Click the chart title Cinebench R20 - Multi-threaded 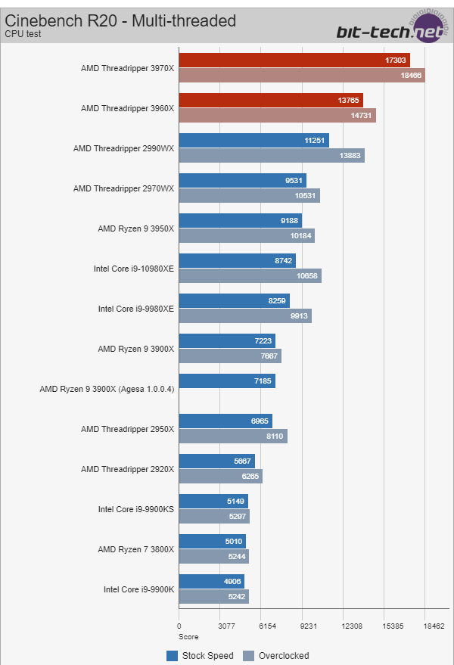coord(120,20)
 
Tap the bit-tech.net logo coord(390,31)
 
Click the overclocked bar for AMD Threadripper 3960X coord(277,115)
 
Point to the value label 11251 coord(313,141)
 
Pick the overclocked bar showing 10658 coord(250,275)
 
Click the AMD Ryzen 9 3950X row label coord(135,228)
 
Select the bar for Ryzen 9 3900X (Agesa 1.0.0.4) coord(227,381)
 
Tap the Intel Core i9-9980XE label coord(135,309)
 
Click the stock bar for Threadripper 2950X coord(225,421)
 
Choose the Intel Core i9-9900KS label coord(135,509)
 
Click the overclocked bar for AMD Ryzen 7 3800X coord(213,556)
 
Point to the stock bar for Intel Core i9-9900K coord(211,581)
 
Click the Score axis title coord(188,637)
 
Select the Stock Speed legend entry coord(201,656)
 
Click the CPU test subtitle coord(22,34)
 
